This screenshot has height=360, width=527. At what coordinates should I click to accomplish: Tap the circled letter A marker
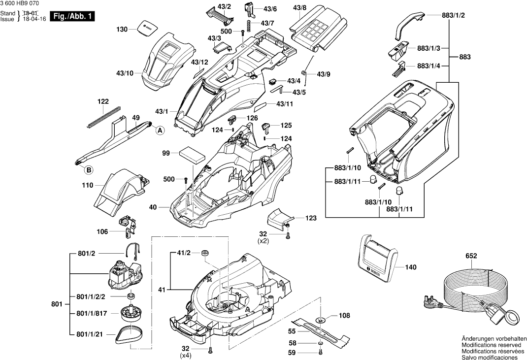[x=160, y=131]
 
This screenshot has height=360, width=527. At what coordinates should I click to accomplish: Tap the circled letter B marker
[x=89, y=170]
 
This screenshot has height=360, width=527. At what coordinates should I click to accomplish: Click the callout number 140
[x=411, y=267]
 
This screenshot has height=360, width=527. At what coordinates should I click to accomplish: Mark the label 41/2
[x=183, y=253]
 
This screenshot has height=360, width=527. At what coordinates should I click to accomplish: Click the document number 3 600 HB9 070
[x=20, y=3]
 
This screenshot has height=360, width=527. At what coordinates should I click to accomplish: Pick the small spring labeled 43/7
[x=250, y=24]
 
